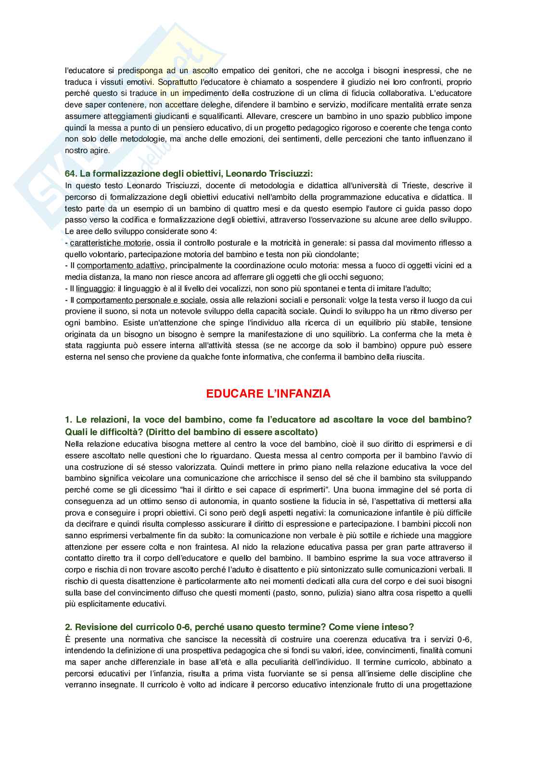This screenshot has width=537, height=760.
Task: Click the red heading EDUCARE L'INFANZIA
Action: [x=268, y=394]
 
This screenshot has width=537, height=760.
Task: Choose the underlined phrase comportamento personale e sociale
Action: [x=141, y=300]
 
